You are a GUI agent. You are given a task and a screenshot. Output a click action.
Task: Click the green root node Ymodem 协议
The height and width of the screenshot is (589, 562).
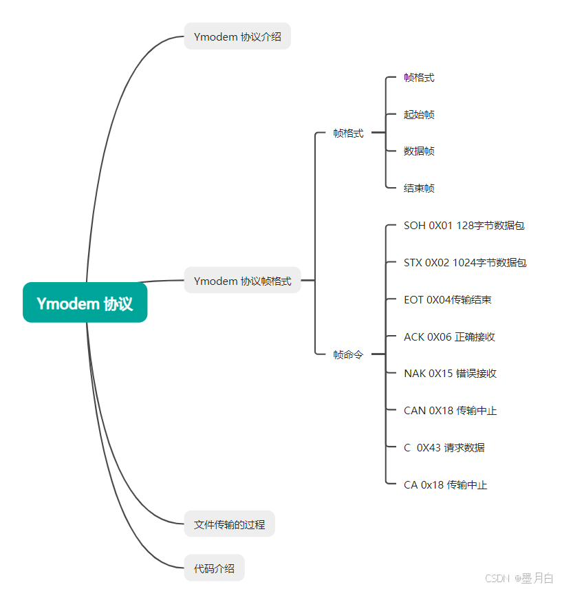coord(85,303)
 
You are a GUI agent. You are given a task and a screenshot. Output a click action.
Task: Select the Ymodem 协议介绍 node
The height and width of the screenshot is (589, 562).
coord(237,36)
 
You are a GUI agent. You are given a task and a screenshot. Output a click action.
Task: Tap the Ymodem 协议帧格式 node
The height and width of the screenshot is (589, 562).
coord(242,281)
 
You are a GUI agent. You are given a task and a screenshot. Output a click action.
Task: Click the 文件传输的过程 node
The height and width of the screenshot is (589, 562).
coord(229,524)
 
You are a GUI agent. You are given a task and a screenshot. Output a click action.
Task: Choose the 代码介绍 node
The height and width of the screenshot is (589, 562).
coord(214,568)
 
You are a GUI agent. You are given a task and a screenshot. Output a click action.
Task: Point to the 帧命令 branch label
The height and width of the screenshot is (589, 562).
coord(348,355)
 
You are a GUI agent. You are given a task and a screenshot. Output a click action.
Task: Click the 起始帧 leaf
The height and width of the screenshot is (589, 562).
coord(419,114)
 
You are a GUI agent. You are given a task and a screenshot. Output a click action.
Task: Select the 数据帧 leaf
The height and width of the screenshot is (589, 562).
coord(419,151)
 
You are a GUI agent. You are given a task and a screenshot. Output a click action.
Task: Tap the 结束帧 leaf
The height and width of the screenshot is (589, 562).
coord(419,188)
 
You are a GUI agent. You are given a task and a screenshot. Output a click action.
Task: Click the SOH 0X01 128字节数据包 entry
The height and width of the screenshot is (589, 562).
coord(464,226)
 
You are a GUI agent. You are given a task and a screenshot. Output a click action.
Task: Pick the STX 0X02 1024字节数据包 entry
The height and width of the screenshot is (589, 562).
coord(465,263)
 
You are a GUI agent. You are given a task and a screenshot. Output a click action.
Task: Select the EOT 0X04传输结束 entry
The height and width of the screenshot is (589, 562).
coord(447,300)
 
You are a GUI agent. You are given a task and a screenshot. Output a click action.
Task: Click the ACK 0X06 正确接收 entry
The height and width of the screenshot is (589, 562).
coord(449,336)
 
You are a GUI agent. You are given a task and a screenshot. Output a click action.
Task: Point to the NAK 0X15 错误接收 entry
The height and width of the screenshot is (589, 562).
coord(450,374)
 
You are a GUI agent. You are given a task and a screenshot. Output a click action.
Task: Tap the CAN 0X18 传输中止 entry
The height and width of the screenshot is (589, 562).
coord(450,411)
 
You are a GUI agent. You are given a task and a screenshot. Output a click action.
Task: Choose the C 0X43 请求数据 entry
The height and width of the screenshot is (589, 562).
coord(444,447)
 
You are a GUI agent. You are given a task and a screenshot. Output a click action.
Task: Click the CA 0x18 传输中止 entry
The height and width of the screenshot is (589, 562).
coord(445,485)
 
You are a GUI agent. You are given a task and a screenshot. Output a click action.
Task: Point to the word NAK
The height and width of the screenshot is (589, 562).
coord(415,374)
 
